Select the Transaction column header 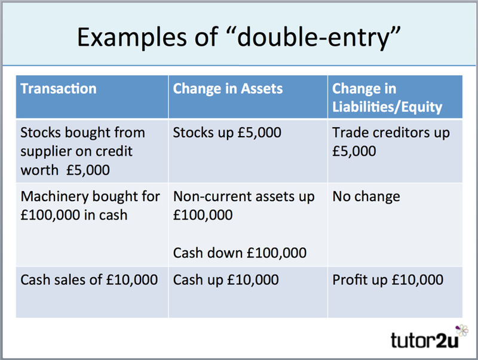(59, 89)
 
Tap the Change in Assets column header (228, 89)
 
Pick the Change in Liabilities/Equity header (387, 98)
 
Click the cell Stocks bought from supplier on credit (82, 150)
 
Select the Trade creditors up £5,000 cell (391, 141)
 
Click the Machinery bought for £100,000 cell (90, 205)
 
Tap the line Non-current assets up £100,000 (243, 205)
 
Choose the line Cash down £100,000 (240, 253)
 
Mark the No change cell (366, 196)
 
